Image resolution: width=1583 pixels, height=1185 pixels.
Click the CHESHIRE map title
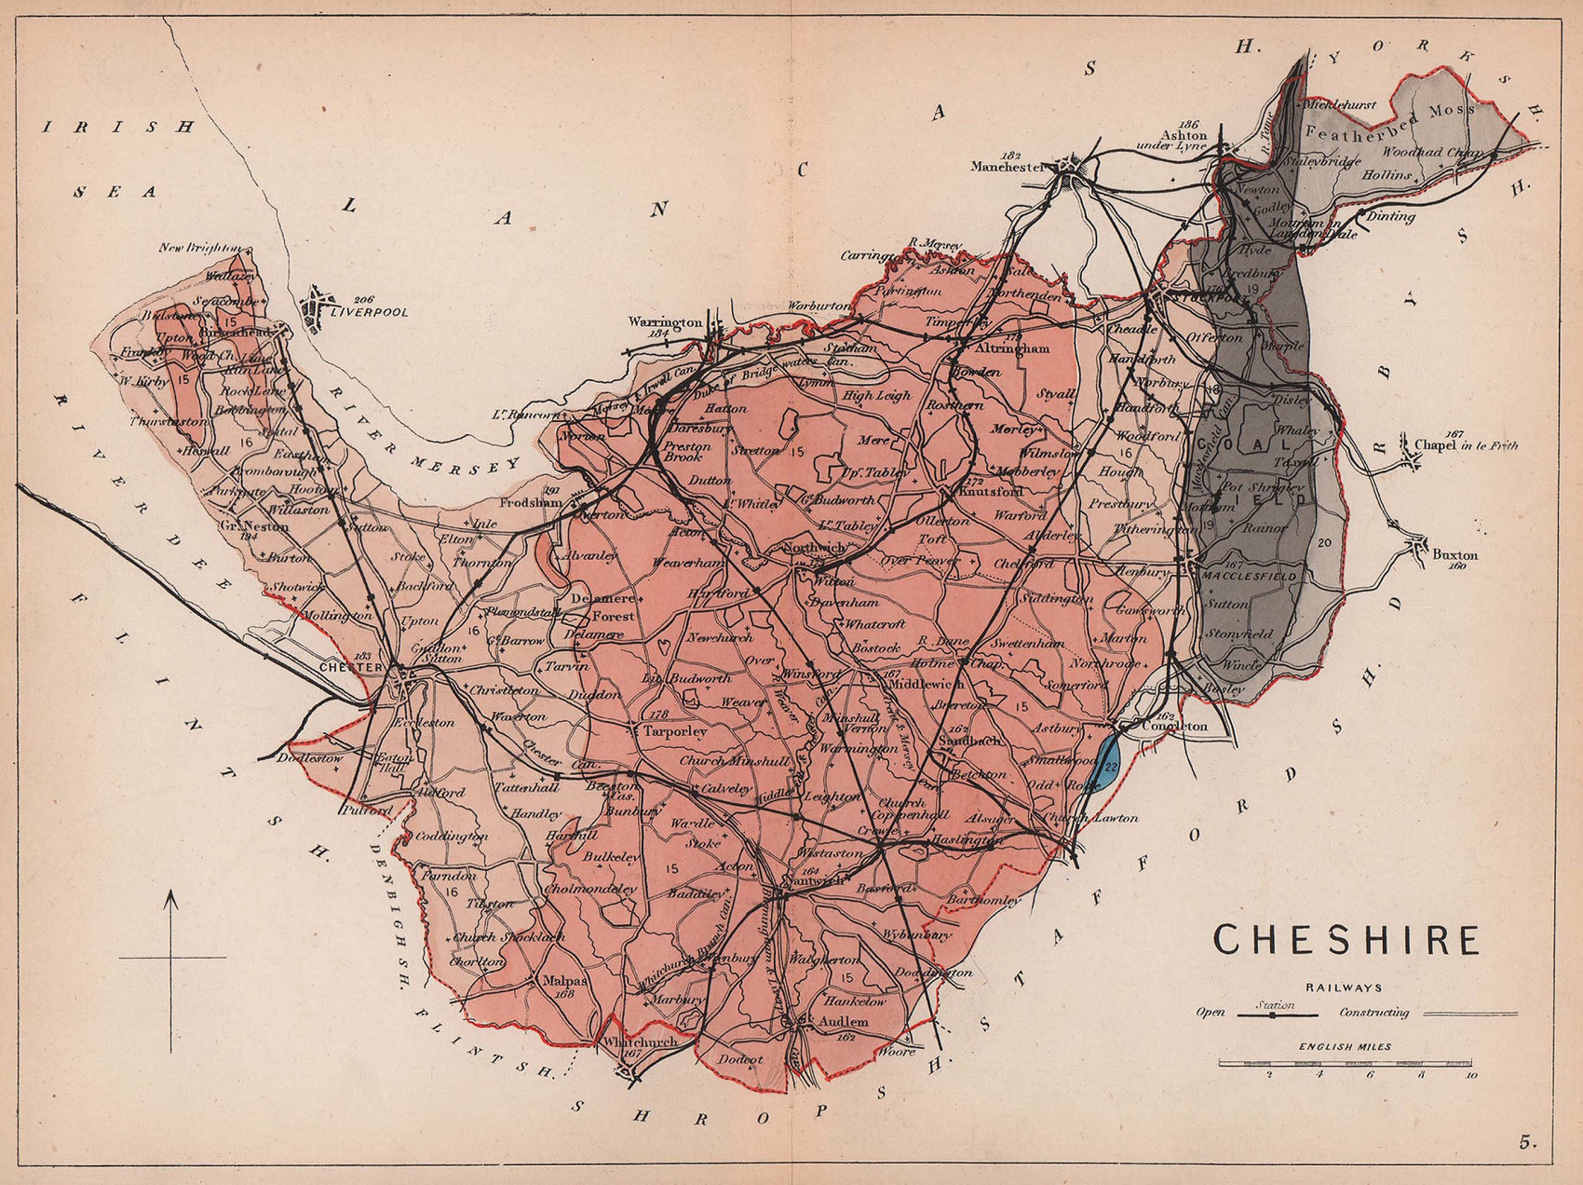click(1346, 940)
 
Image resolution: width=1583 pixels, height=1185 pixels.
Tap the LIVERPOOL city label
click(370, 313)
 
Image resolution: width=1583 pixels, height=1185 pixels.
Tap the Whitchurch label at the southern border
click(639, 1042)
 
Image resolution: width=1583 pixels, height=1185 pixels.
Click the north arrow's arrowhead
click(170, 899)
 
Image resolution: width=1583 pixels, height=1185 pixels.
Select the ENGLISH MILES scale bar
click(1346, 1062)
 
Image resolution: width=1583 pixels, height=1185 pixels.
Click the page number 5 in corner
click(1525, 1141)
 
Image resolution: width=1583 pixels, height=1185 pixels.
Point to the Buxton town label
click(1454, 555)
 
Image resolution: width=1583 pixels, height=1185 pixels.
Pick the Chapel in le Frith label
click(1466, 445)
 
